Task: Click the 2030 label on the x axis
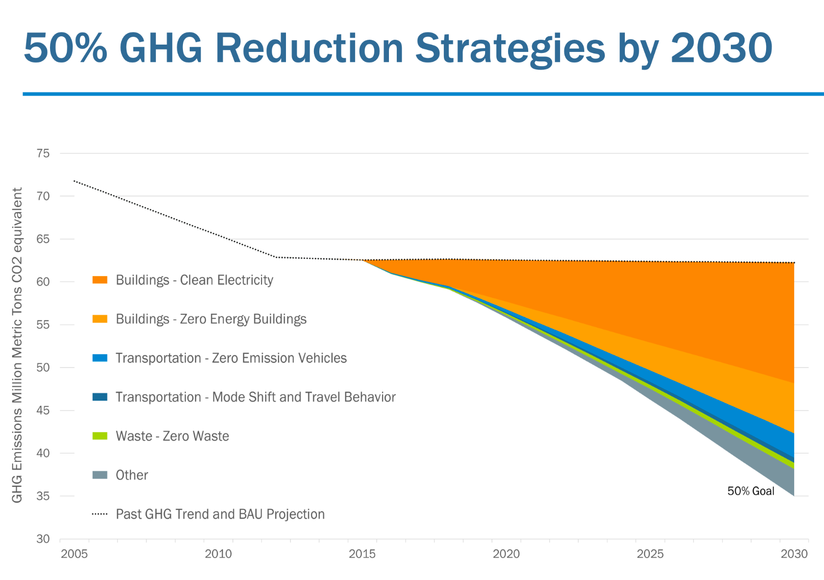coord(794,554)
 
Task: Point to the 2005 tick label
coord(74,554)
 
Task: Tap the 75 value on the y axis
coord(43,153)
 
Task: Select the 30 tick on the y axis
coord(43,539)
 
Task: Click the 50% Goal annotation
coord(750,491)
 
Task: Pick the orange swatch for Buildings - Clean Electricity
coord(100,280)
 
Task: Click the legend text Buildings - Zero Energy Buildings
coord(211,319)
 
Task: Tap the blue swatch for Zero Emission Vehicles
coord(100,358)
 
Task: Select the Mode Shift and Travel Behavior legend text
coord(255,397)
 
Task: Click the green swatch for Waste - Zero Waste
coord(100,436)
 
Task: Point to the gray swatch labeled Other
coord(100,475)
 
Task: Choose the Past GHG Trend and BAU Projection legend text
coord(220,514)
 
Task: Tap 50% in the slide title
coord(65,48)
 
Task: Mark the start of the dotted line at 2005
coord(74,181)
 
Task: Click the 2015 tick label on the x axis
coord(362,554)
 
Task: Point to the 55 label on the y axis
coord(43,325)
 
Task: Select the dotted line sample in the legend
coord(100,514)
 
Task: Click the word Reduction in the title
coord(309,48)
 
